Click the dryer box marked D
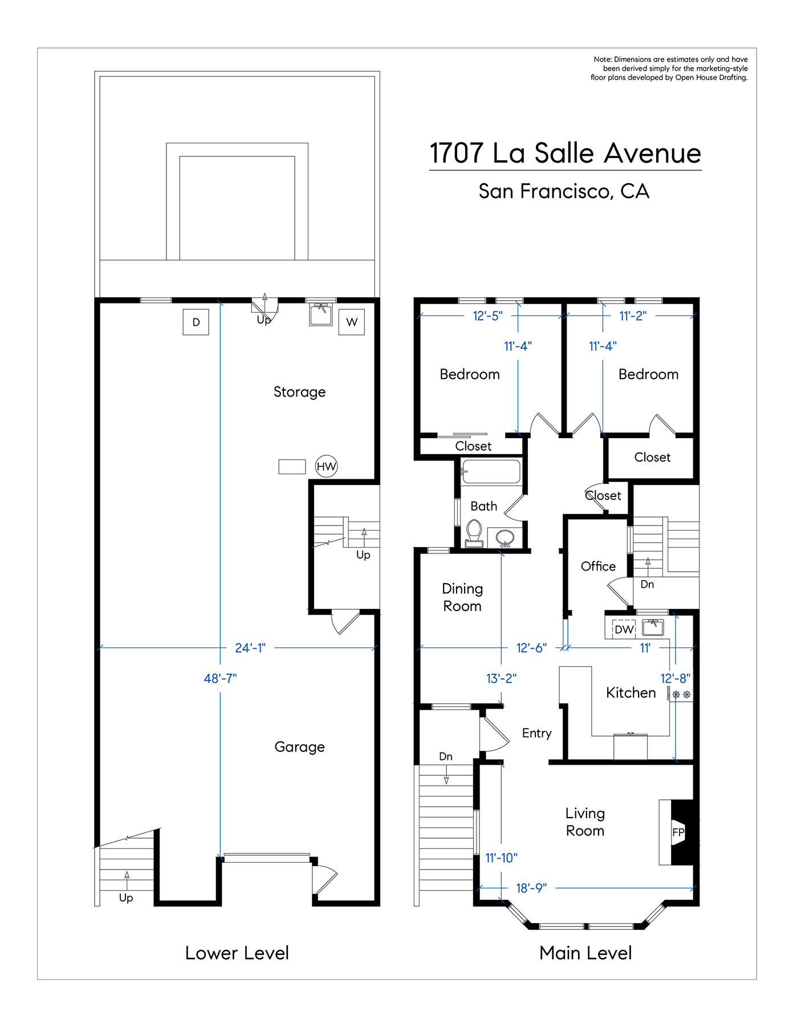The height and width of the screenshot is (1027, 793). [196, 322]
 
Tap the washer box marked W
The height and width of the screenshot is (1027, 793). [351, 322]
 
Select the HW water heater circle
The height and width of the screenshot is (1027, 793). [326, 466]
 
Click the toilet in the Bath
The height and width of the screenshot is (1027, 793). [474, 533]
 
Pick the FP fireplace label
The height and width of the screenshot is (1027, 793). [678, 832]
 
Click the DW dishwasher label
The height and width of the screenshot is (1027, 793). [624, 629]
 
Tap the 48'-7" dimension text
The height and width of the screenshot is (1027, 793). [220, 678]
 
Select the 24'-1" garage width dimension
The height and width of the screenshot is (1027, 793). [250, 648]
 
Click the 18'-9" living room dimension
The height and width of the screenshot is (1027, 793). [531, 888]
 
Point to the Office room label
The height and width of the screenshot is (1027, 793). [598, 566]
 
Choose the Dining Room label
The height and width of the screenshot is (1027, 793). [462, 597]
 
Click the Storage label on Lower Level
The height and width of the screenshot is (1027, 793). [299, 392]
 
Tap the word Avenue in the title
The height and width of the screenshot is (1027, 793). [652, 153]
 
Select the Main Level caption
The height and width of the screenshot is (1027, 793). [585, 953]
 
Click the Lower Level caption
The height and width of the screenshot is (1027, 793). [237, 953]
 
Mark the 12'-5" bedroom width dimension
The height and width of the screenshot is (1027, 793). [487, 316]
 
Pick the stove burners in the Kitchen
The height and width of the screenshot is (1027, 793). [681, 694]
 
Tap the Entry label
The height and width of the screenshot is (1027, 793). [537, 733]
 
